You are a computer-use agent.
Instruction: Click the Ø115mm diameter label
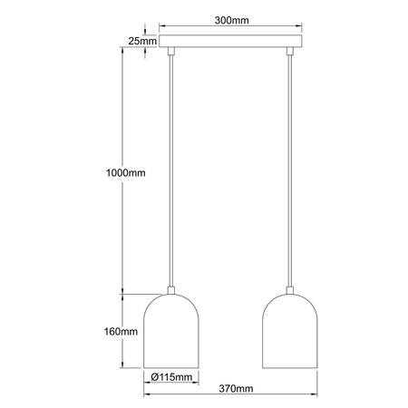pos(170,376)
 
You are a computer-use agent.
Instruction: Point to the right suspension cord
pos(289,172)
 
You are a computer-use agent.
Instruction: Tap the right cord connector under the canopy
pos(289,53)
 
